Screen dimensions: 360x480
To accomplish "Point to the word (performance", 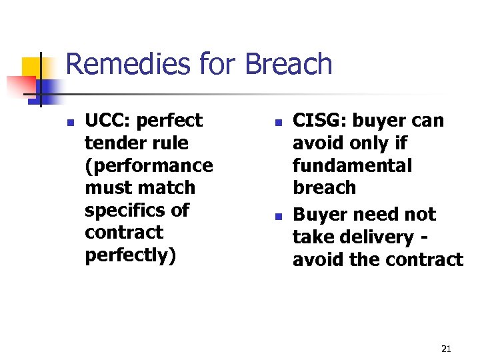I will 149,165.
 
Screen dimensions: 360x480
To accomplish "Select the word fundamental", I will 352,165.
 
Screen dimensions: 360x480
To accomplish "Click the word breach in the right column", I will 324,188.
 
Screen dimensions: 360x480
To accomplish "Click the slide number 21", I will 446,349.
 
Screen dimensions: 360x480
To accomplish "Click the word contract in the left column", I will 124,233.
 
